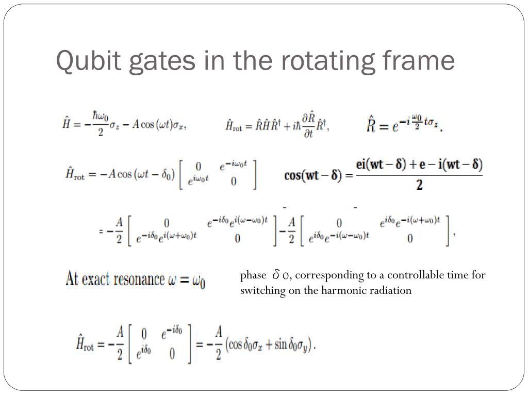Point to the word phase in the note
(x=253, y=275)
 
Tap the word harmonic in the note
(x=347, y=290)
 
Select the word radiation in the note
(x=393, y=290)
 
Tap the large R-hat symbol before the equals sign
(x=371, y=124)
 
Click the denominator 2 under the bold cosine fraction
(x=419, y=185)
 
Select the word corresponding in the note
(x=332, y=275)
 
